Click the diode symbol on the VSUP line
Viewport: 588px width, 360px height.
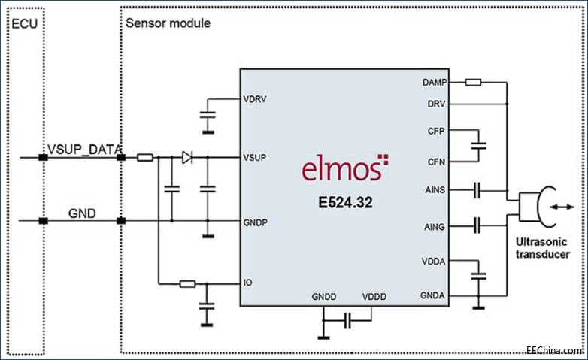[x=187, y=158]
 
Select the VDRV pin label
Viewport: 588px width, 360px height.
[x=256, y=98]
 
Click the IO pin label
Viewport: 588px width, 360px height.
[x=247, y=284]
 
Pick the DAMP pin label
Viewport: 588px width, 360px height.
[x=433, y=82]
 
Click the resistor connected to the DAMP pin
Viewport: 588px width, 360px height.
[x=473, y=82]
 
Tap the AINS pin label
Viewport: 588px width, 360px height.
[x=435, y=191]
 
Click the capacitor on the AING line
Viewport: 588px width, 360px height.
[x=477, y=223]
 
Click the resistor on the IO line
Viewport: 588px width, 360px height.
[x=187, y=284]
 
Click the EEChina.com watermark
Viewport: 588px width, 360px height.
[x=554, y=350]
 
